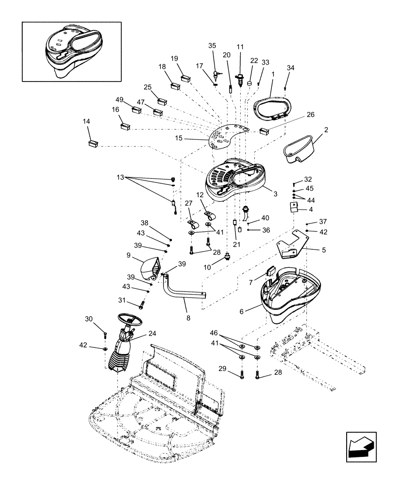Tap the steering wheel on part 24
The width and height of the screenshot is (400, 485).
point(130,321)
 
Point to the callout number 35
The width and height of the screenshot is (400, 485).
point(212,46)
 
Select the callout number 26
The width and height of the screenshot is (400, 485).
point(310,115)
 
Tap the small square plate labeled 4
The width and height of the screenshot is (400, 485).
point(293,208)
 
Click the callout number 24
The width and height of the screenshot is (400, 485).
point(152,333)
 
